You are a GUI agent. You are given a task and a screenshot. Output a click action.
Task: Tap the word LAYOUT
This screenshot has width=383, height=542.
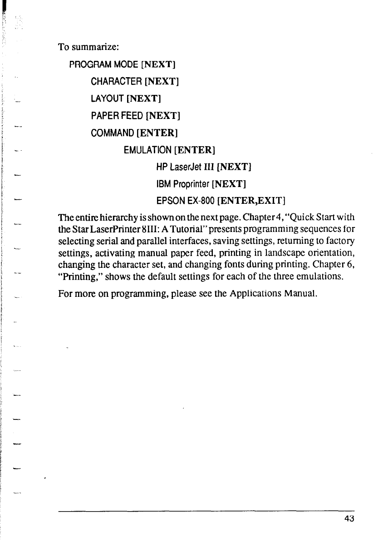click(108, 99)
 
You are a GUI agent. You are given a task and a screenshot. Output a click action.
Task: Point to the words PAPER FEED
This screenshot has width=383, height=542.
click(117, 116)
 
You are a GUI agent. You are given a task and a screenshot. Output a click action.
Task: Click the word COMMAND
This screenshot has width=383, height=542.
click(113, 133)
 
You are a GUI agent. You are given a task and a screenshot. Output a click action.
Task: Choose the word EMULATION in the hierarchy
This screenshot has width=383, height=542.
click(147, 150)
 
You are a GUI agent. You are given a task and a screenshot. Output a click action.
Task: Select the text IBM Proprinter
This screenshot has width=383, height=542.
click(183, 184)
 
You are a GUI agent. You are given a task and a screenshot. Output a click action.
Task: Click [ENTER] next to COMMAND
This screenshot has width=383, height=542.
click(157, 133)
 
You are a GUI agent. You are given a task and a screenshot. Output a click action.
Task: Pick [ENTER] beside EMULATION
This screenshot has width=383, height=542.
click(194, 150)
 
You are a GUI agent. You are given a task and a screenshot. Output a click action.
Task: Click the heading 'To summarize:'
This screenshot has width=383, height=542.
click(88, 47)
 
